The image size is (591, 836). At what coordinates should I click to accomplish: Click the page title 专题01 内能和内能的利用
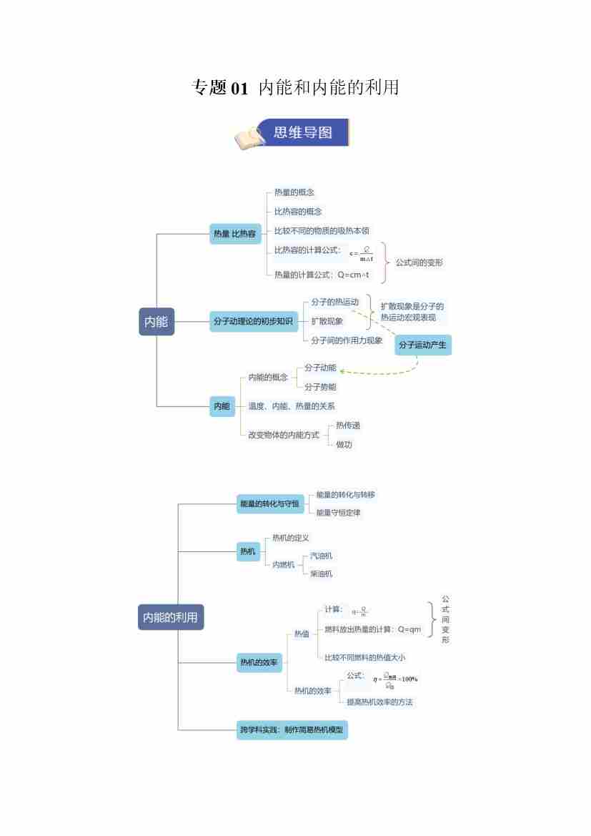(x=295, y=88)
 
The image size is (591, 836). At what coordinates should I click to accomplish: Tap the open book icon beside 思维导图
(x=249, y=137)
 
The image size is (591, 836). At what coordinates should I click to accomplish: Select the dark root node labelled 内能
(x=156, y=322)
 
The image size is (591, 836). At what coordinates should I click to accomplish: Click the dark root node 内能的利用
(x=170, y=617)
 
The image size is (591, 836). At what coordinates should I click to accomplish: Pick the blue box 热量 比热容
(x=234, y=233)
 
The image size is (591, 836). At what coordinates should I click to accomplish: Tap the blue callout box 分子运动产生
(x=423, y=345)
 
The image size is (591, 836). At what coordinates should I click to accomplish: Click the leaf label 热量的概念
(x=294, y=192)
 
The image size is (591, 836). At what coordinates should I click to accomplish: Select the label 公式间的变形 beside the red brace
(x=419, y=262)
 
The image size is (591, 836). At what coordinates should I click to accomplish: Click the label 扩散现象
(x=327, y=321)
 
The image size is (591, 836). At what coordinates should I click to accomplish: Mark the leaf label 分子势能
(x=320, y=387)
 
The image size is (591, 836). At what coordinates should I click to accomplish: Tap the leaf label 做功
(x=344, y=444)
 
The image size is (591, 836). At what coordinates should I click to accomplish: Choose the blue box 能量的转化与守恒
(x=269, y=504)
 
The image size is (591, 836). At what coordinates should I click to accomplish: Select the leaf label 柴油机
(x=321, y=574)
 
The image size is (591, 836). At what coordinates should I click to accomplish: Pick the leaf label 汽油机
(x=321, y=556)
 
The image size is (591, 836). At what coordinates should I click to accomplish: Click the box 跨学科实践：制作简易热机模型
(x=292, y=730)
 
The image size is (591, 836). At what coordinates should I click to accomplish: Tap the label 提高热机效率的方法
(x=379, y=702)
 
